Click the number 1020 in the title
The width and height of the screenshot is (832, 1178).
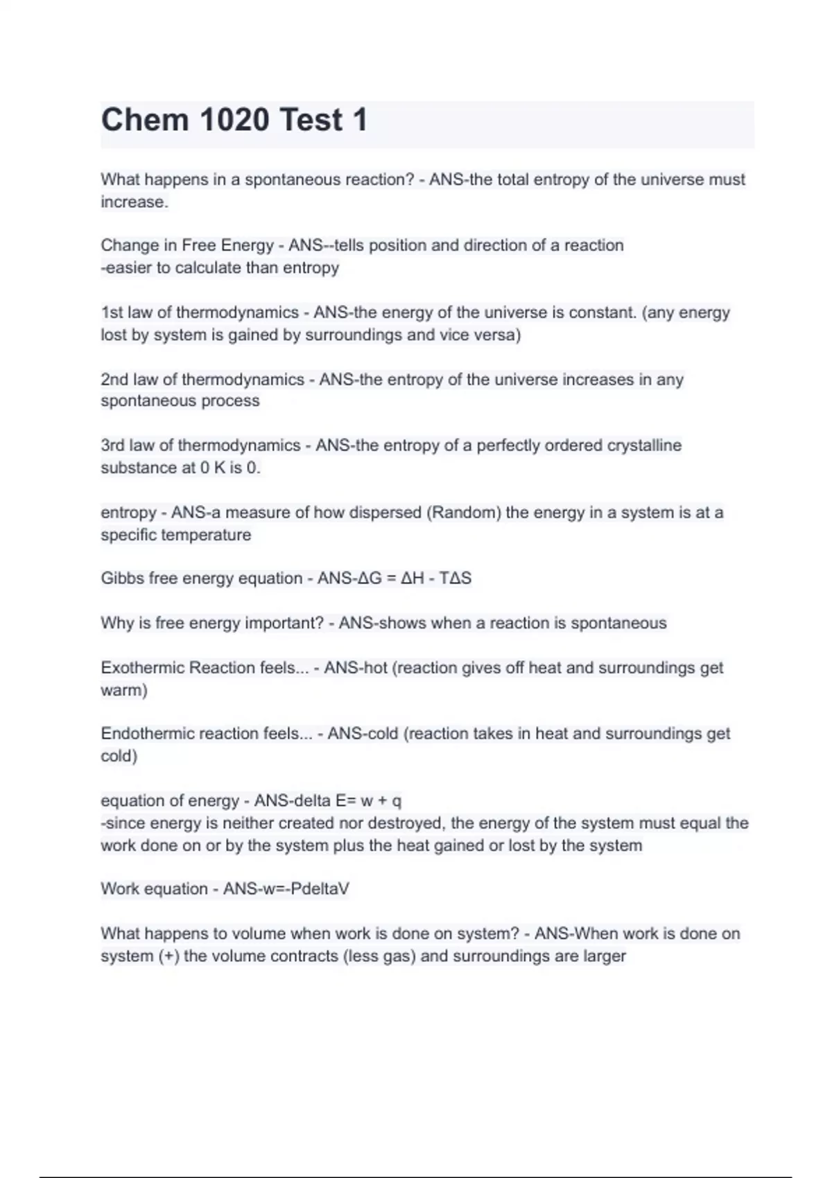(234, 120)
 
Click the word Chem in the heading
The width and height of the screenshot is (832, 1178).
(145, 120)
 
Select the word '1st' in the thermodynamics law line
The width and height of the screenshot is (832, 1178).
(112, 313)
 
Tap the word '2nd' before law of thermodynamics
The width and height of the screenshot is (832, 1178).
(114, 380)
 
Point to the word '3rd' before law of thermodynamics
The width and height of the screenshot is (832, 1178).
(114, 446)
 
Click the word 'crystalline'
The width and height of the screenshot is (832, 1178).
(644, 446)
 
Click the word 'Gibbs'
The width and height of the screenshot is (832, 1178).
(122, 579)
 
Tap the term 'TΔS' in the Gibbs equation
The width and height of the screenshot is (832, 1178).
(456, 579)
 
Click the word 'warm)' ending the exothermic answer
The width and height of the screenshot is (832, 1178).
(124, 690)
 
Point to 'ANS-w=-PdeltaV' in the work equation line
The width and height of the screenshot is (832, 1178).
(286, 889)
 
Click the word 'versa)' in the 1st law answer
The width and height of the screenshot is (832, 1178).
(497, 335)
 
